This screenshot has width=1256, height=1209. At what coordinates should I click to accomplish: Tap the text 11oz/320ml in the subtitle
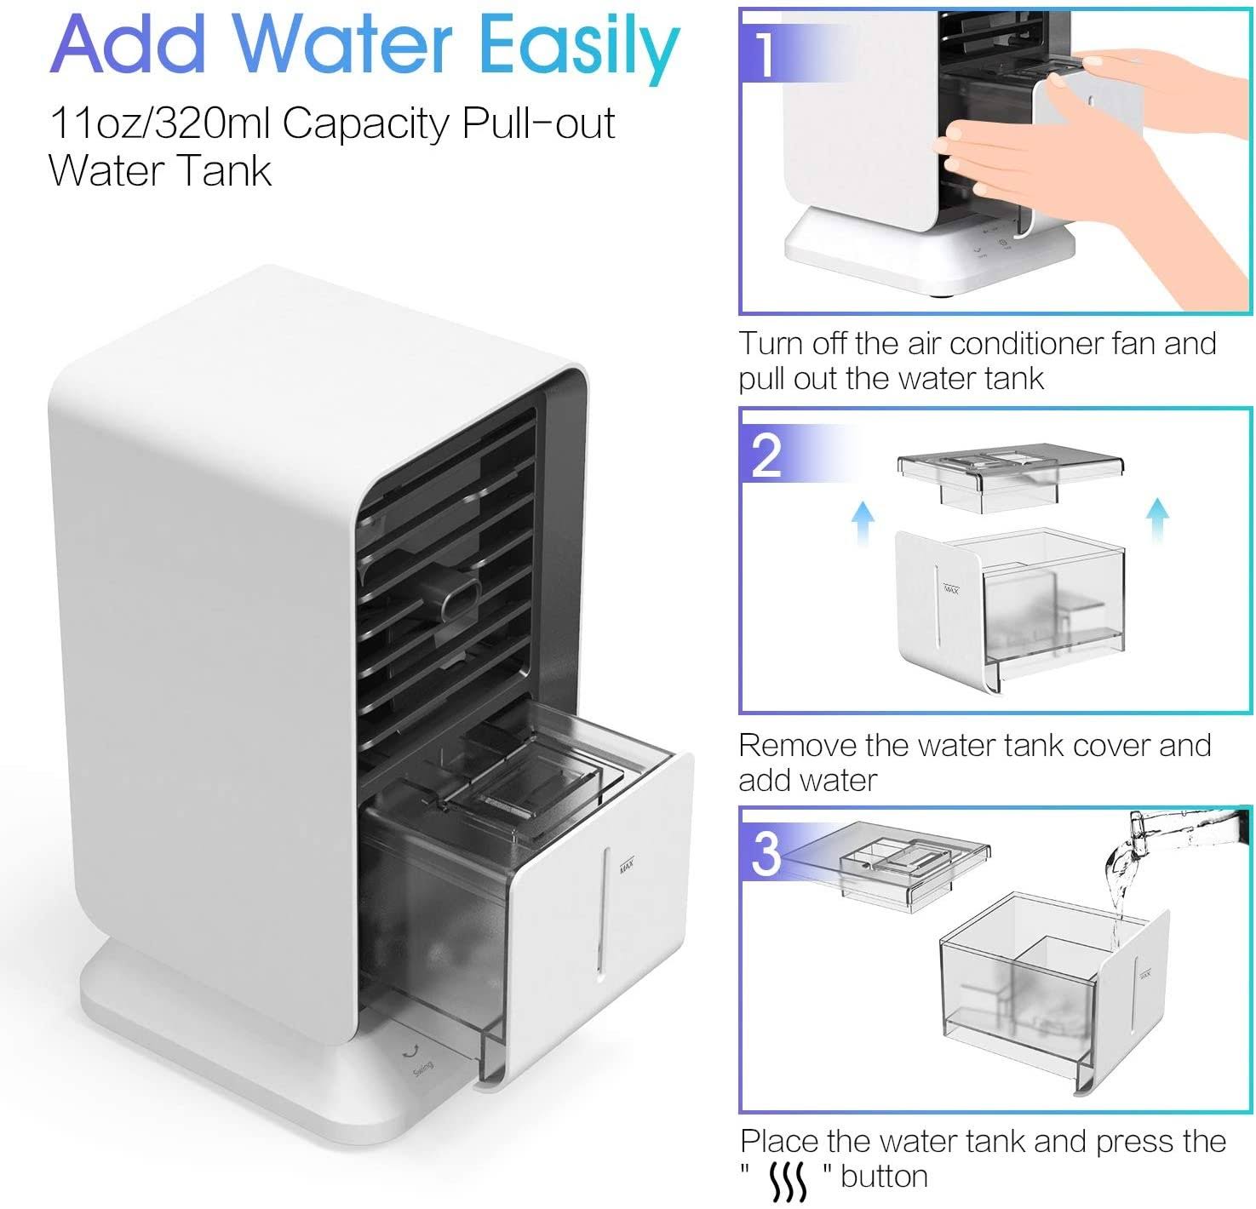click(x=160, y=123)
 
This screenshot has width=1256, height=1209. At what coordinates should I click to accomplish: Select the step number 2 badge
click(x=766, y=455)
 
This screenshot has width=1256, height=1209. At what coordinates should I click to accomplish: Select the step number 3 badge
click(x=766, y=853)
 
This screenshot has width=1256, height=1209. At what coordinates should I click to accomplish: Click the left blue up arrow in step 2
click(x=863, y=522)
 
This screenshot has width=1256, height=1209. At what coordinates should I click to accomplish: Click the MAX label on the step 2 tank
click(x=951, y=588)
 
